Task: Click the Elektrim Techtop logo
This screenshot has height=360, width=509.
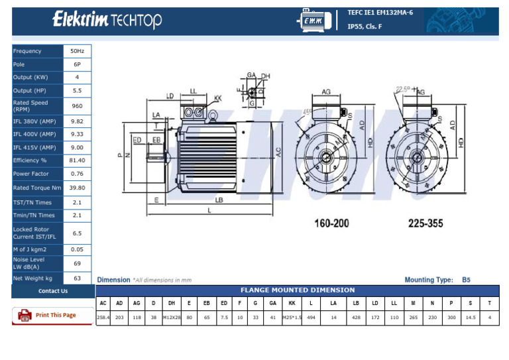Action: [107, 21]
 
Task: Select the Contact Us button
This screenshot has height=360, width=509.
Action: [52, 291]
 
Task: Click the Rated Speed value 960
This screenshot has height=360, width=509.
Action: [77, 106]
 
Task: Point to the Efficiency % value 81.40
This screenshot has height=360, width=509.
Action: [77, 160]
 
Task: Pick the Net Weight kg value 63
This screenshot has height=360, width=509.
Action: [77, 278]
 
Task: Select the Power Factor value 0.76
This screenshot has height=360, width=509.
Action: [77, 174]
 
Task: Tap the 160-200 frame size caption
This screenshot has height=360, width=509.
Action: [331, 223]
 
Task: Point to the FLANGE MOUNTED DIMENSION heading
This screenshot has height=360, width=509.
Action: [297, 290]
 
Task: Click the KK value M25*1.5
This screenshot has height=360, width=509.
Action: [292, 318]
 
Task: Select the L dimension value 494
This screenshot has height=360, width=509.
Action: [311, 318]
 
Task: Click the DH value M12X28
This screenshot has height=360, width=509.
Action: [172, 318]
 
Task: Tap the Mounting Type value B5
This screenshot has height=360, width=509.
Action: [466, 280]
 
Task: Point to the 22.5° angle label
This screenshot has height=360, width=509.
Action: [402, 88]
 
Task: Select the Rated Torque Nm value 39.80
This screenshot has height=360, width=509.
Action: [77, 188]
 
